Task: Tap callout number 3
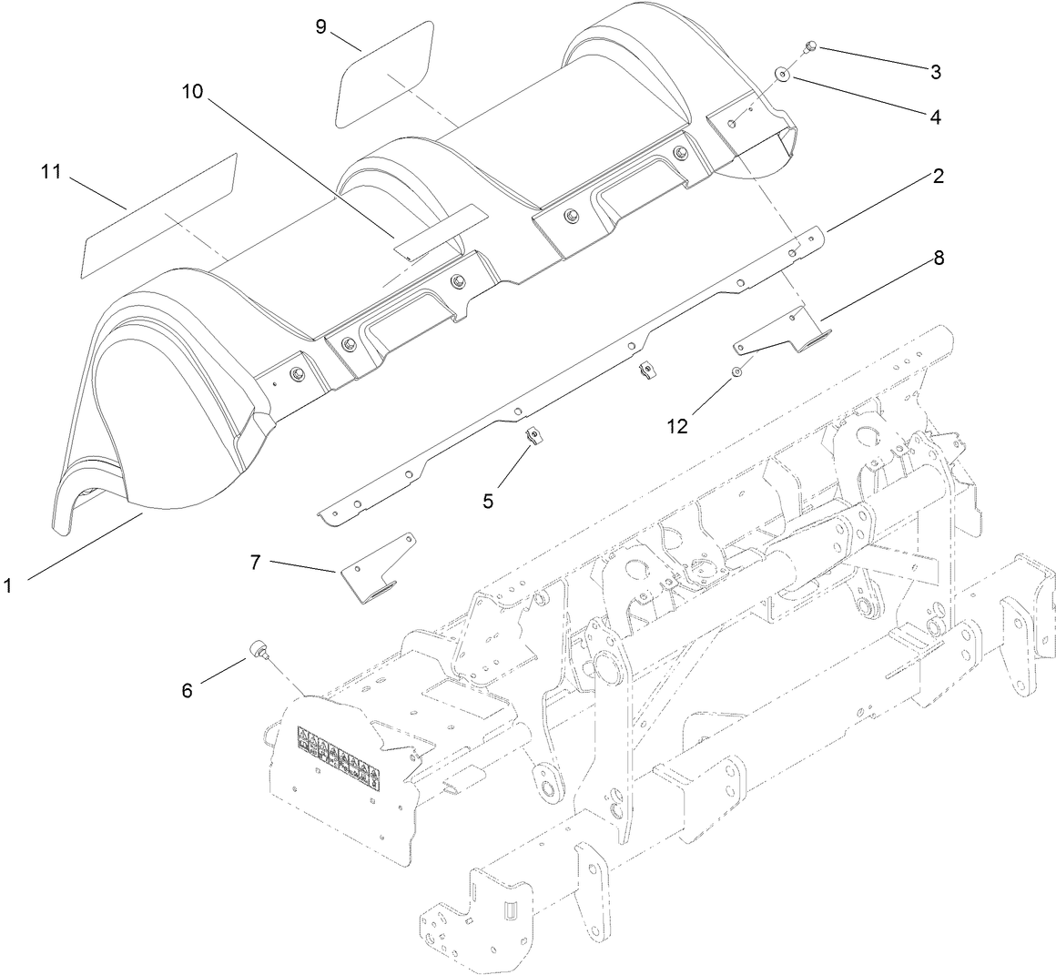pos(935,70)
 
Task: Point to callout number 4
pos(935,117)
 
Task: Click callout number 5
pos(489,500)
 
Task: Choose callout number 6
pos(187,691)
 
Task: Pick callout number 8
pos(937,258)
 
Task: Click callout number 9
pos(320,26)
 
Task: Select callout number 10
pos(193,92)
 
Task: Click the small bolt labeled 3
pos(810,47)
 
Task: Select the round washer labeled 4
pos(782,74)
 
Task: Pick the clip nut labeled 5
pos(533,438)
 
